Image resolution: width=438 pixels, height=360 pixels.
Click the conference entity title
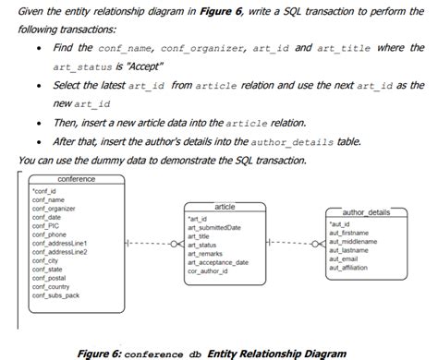pyautogui.click(x=76, y=178)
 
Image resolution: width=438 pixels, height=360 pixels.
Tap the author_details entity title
pyautogui.click(x=366, y=212)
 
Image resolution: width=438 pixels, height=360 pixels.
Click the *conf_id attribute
pyautogui.click(x=43, y=191)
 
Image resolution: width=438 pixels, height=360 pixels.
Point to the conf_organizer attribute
pyautogui.click(x=54, y=209)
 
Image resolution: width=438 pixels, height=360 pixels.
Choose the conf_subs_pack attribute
pyautogui.click(x=55, y=295)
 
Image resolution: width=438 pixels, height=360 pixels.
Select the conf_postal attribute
pyautogui.click(x=48, y=278)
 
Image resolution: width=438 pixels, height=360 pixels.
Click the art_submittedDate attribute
pyautogui.click(x=213, y=227)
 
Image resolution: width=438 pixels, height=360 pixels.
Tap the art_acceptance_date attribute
pyautogui.click(x=217, y=262)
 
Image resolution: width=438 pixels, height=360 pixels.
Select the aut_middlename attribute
pyautogui.click(x=352, y=241)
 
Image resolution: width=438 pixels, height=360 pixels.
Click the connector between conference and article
pyautogui.click(x=149, y=244)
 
